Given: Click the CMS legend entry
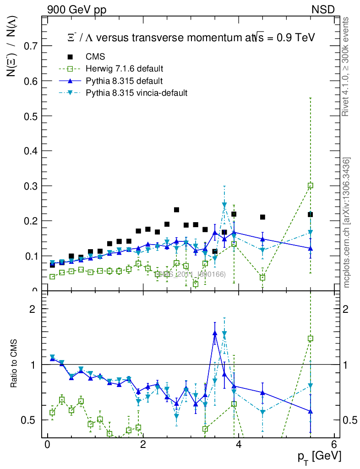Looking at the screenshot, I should (x=95, y=57).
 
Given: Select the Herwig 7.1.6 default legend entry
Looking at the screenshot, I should (x=124, y=69).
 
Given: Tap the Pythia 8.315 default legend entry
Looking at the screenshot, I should (x=124, y=81).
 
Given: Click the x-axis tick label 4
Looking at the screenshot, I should (x=238, y=445).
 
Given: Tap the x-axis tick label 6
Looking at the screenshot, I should (x=334, y=445).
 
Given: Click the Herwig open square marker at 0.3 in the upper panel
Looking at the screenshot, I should (x=311, y=185).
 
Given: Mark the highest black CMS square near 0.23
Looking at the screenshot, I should (x=176, y=210).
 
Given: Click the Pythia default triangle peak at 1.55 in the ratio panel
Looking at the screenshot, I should (x=215, y=333).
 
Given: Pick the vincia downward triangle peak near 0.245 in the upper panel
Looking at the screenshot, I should (x=224, y=205).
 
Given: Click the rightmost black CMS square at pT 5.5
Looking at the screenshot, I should (x=311, y=214).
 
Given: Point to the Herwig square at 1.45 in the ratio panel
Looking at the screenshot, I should (x=311, y=339).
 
